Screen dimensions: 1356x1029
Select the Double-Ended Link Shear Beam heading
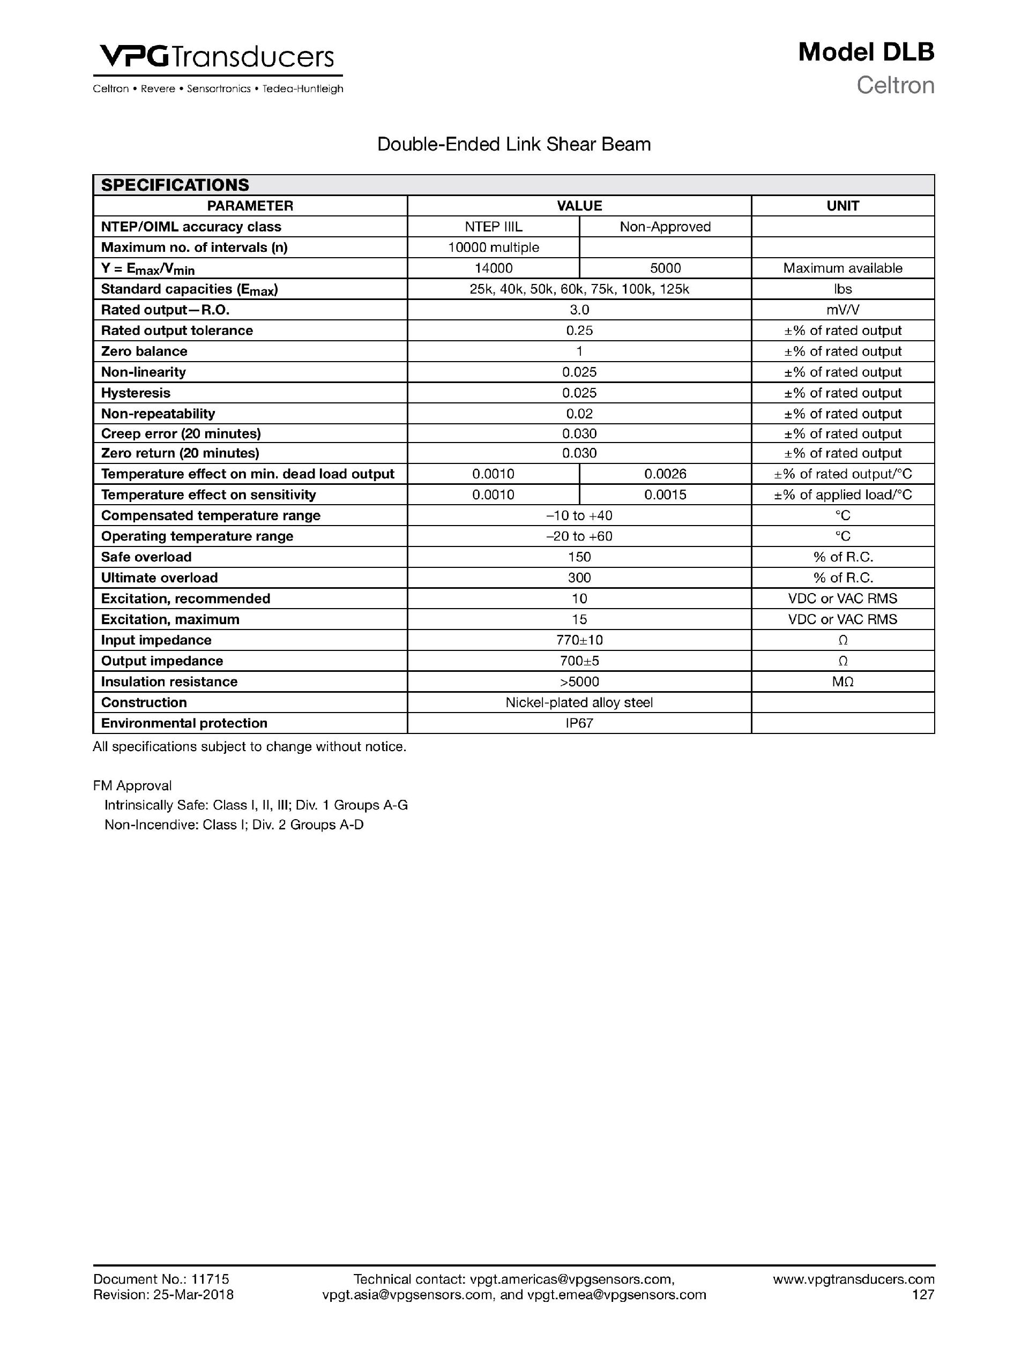pos(514,145)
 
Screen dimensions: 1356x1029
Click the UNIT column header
pos(842,206)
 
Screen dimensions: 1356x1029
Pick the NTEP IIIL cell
pos(493,227)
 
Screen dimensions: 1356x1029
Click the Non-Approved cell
pos(665,227)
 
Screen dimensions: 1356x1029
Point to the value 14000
pos(493,268)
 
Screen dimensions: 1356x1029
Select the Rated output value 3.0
pos(579,310)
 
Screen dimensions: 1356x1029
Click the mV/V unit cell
pos(842,310)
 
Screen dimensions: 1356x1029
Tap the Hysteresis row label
pos(136,393)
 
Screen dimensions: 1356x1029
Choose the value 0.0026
pos(665,474)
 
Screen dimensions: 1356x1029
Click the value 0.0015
pos(665,495)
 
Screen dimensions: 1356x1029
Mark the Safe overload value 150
pos(579,557)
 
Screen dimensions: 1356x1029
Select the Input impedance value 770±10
pos(579,641)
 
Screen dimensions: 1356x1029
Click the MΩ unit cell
pos(842,681)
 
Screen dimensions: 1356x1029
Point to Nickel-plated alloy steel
pos(579,702)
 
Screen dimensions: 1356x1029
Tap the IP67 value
pos(579,723)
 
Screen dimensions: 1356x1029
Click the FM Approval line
pos(132,786)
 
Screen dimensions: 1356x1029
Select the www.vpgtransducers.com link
pos(853,1279)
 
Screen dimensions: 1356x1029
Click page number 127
pos(922,1295)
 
